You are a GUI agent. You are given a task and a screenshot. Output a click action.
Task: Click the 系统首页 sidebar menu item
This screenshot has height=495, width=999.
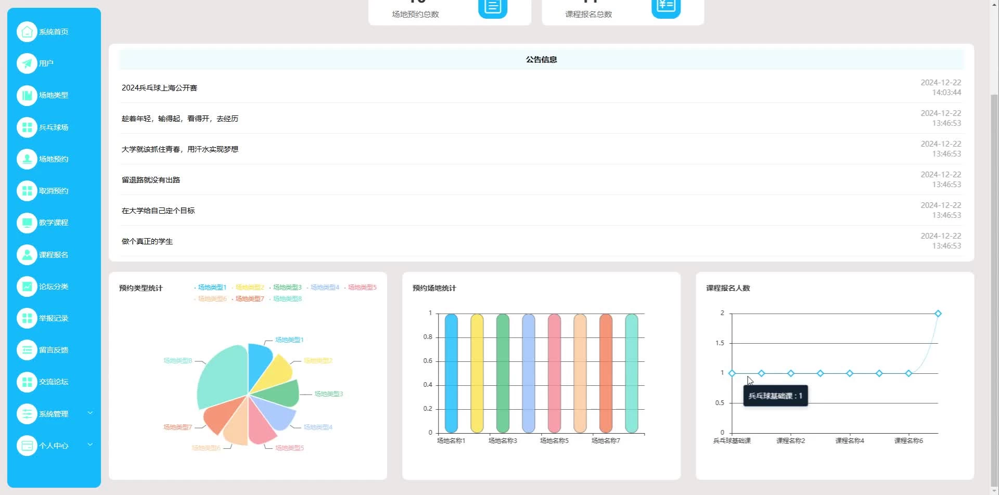[x=53, y=32]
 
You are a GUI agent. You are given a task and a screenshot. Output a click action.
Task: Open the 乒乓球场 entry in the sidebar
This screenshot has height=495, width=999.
[x=53, y=127]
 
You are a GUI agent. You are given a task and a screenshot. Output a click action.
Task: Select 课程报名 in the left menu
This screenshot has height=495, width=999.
[x=53, y=255]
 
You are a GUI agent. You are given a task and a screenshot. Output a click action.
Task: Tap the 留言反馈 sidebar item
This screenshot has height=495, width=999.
[x=53, y=350]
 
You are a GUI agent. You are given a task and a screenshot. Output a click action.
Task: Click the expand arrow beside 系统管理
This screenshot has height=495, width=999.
[x=90, y=413]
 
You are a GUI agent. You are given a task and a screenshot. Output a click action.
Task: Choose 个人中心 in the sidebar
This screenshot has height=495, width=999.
[x=53, y=446]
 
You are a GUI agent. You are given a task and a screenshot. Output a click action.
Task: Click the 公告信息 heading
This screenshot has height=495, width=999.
[x=541, y=60]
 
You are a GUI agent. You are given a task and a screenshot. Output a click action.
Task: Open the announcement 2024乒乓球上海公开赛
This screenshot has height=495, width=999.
[x=159, y=88]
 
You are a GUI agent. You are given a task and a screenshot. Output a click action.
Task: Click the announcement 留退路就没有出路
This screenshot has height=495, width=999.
[x=151, y=180]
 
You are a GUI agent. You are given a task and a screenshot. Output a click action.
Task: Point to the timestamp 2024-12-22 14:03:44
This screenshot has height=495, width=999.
[x=941, y=87]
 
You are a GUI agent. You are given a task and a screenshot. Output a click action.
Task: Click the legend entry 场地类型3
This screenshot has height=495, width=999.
[x=287, y=288]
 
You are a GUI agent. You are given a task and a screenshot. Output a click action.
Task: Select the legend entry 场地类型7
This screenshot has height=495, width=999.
[x=250, y=299]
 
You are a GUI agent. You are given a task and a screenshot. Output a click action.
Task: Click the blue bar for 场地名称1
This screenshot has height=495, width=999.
[x=451, y=373]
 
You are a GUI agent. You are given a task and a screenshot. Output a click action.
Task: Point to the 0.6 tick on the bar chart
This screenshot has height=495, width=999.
[x=428, y=361]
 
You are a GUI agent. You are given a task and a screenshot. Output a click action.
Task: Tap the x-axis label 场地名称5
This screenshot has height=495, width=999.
[x=554, y=441]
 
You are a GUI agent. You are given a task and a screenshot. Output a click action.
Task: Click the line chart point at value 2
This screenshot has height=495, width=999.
[x=938, y=314]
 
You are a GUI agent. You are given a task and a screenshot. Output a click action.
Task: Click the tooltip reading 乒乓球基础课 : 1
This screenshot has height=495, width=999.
[x=775, y=396]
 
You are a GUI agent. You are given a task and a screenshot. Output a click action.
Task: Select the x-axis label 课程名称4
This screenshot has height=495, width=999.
[x=850, y=441]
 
